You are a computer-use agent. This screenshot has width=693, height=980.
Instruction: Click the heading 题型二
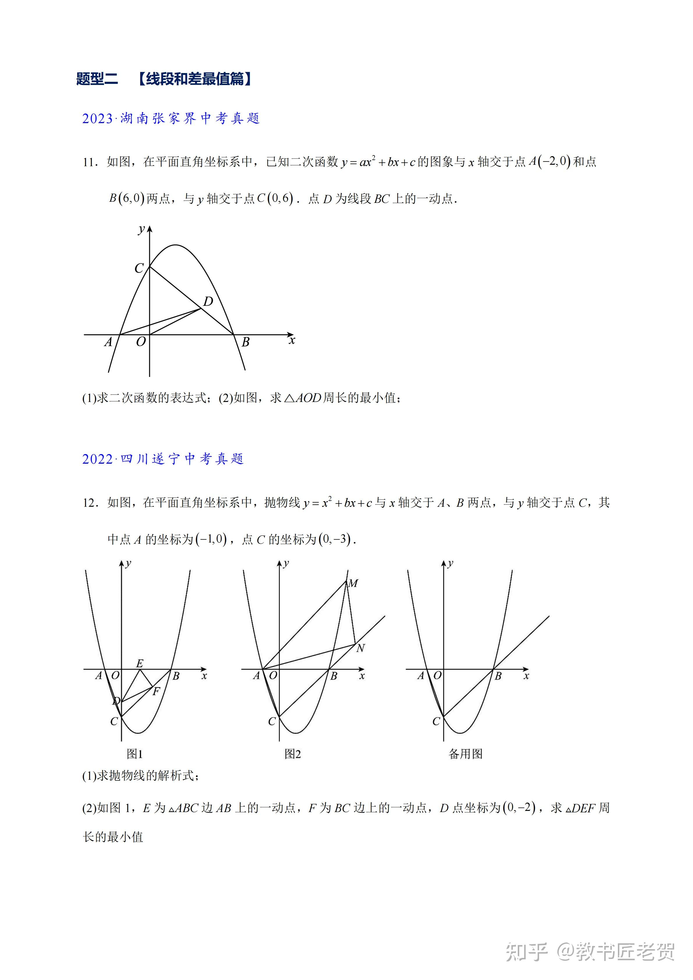point(97,79)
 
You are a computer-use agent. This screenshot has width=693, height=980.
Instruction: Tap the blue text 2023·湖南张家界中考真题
point(171,118)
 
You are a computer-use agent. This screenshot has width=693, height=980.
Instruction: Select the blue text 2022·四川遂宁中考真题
point(163,459)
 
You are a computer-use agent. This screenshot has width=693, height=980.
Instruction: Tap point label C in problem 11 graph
point(139,268)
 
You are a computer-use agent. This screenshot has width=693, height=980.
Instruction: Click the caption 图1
point(134,754)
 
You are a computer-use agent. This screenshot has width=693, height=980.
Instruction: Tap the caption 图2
point(293,754)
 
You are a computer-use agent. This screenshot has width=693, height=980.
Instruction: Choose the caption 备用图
point(466,754)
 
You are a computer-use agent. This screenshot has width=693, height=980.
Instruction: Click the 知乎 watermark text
point(527,951)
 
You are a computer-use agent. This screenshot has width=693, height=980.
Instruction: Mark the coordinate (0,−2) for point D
point(519,808)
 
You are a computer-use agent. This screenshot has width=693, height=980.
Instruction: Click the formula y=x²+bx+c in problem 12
point(338,503)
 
